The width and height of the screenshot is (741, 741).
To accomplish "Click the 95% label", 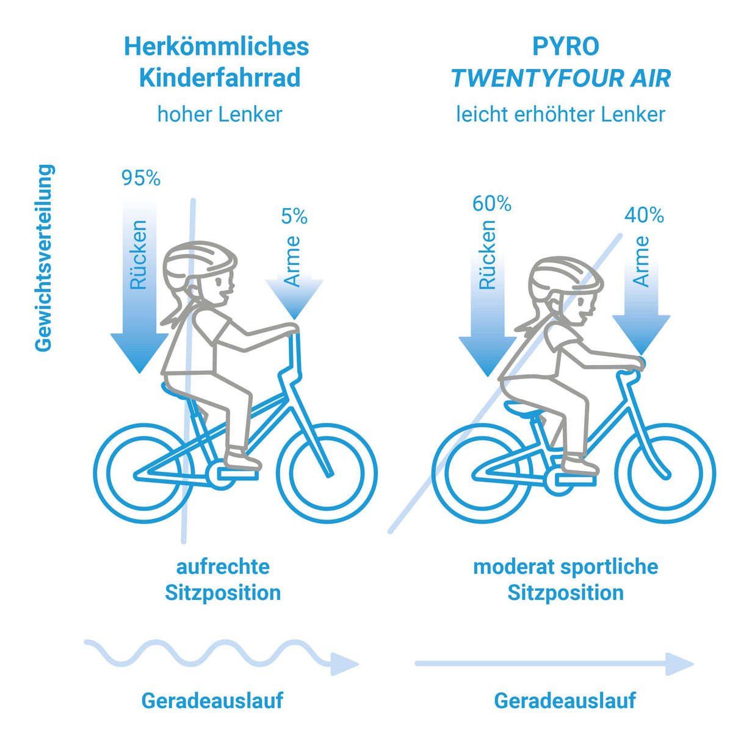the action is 141,178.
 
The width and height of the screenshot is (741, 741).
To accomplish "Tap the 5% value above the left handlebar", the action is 294,216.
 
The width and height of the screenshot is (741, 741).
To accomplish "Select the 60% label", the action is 492,203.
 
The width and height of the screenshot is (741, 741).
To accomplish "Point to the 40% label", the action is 644,215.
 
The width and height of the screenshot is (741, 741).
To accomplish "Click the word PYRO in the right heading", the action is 566,46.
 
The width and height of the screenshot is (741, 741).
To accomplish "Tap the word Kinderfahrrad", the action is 220,78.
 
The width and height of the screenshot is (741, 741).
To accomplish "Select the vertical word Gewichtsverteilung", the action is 45,258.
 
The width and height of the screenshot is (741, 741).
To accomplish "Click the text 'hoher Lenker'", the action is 220,114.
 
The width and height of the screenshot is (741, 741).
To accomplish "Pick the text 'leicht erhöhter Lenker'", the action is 561,114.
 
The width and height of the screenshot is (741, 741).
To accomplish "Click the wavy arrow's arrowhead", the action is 344,663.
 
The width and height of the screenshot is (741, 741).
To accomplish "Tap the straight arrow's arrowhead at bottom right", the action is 679,663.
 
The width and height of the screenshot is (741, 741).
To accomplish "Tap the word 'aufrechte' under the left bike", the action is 223,567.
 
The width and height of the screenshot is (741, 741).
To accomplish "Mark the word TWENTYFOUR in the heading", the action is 537,78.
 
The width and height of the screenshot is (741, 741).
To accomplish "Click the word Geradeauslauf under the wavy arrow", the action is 212,700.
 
